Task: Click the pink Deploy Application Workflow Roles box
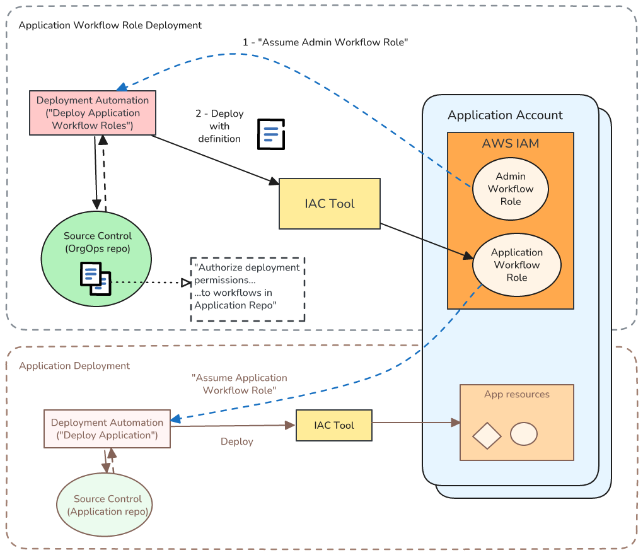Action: point(93,113)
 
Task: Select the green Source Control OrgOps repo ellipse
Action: point(96,260)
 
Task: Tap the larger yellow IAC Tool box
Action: point(330,204)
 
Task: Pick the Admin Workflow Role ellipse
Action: point(511,189)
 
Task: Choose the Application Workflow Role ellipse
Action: point(517,265)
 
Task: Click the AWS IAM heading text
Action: point(511,143)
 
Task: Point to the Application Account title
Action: point(505,115)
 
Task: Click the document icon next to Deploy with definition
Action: point(271,134)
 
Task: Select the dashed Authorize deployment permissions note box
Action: point(248,289)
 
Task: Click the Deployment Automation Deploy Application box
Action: point(107,429)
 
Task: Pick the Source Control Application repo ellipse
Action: point(105,505)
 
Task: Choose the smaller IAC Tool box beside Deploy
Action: point(334,425)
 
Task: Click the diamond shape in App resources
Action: point(487,435)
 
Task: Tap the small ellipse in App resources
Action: point(523,434)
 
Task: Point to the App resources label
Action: point(517,395)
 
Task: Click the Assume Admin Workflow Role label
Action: point(326,42)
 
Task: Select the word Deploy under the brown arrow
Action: point(237,441)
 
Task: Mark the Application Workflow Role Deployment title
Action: point(110,25)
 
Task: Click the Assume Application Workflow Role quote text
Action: point(240,384)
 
